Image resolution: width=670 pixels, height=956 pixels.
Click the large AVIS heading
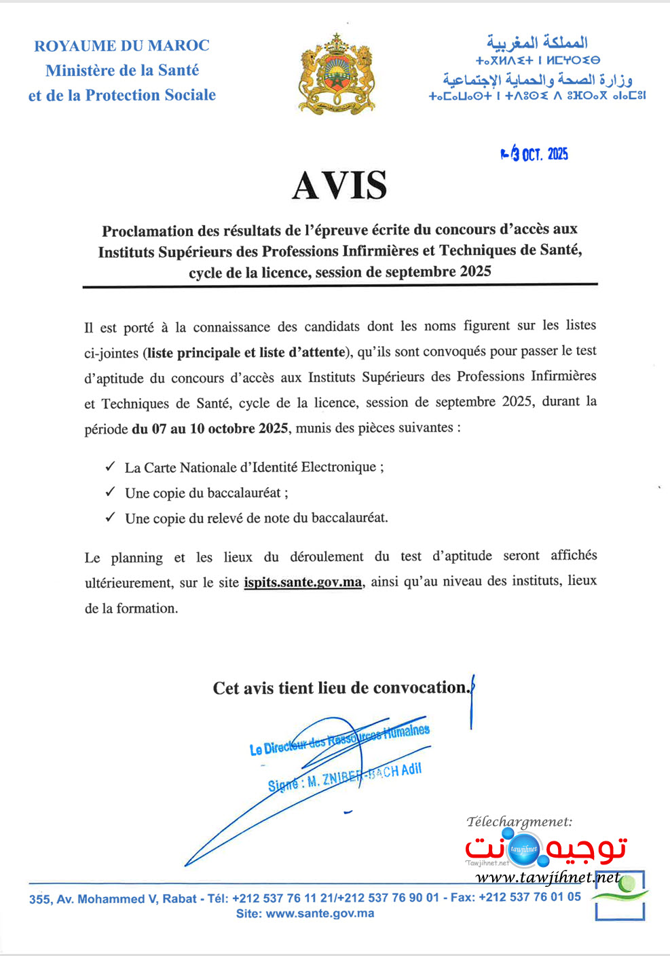point(339,185)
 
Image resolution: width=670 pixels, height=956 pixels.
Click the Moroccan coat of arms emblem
point(336,75)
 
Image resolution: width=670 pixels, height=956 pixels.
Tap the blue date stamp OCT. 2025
point(535,153)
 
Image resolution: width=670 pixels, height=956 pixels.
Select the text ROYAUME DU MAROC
point(122,46)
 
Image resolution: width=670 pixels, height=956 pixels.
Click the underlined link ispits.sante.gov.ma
point(303,582)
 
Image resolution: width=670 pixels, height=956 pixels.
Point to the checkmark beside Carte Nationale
point(110,467)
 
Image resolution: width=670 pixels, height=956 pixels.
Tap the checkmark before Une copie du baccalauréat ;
point(110,492)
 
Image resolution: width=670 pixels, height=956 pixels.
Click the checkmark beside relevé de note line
point(110,517)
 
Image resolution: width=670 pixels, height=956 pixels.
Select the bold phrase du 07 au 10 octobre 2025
point(210,429)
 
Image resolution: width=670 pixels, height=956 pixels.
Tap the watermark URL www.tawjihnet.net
point(547,878)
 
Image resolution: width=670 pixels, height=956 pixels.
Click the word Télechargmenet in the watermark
point(519,822)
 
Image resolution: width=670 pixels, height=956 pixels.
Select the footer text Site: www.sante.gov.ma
point(305,913)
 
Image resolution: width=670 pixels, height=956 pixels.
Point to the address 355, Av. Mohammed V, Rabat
point(113,899)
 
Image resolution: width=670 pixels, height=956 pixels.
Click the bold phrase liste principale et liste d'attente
point(246,352)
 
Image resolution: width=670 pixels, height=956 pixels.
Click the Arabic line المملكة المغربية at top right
point(537,43)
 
